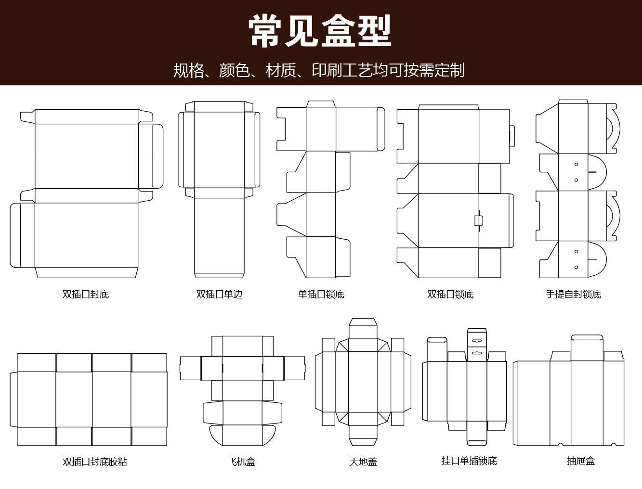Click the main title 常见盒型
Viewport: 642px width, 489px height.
(x=320, y=31)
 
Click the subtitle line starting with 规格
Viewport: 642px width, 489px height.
(x=319, y=70)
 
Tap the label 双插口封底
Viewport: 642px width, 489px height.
(x=86, y=294)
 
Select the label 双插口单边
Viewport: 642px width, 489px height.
(x=219, y=294)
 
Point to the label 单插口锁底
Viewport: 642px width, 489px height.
(x=321, y=294)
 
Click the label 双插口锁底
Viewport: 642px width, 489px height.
(x=450, y=294)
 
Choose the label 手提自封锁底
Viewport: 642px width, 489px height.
(x=573, y=294)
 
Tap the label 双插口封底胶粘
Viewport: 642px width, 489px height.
(x=95, y=462)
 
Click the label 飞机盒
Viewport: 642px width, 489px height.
(x=241, y=462)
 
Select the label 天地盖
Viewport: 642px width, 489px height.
(x=363, y=462)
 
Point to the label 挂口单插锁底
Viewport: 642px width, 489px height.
(x=469, y=461)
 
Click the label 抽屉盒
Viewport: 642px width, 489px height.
(x=581, y=461)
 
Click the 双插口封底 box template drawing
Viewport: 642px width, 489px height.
(x=87, y=193)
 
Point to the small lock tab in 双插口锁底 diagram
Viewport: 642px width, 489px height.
(x=478, y=220)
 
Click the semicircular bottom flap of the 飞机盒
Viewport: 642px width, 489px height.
(x=242, y=436)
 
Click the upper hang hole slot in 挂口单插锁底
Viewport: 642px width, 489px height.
(x=476, y=341)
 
